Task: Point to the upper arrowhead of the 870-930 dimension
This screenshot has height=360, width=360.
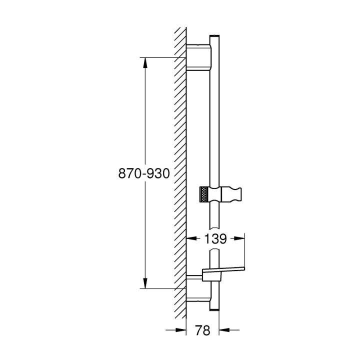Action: coord(145,62)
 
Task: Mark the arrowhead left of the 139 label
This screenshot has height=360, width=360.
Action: coord(190,239)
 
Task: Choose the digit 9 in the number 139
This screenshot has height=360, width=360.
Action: coord(222,239)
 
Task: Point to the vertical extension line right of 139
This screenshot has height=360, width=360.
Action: coord(244,252)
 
